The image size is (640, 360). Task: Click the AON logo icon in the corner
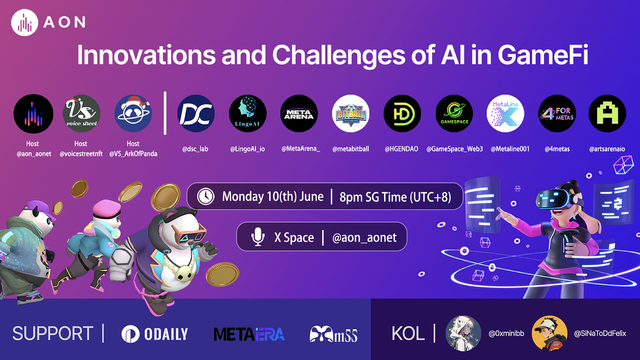(25, 23)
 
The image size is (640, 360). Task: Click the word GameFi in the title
(543, 56)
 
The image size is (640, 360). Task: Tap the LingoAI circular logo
(247, 114)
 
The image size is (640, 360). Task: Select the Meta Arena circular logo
(299, 114)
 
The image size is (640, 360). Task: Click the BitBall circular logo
(351, 114)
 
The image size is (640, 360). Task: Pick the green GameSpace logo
(454, 114)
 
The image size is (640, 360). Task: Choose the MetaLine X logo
(505, 114)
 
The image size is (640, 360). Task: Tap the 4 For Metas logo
(557, 114)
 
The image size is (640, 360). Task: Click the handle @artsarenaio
(607, 149)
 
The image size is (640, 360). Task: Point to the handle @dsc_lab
(195, 149)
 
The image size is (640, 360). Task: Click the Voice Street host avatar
(82, 114)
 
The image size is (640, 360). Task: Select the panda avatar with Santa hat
(133, 114)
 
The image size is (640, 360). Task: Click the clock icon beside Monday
(205, 196)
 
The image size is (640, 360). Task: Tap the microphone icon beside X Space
(258, 237)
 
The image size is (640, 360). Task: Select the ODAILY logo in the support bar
(155, 334)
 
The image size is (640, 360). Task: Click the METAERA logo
(249, 334)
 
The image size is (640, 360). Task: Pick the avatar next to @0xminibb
(463, 334)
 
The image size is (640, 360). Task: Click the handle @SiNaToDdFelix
(599, 334)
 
